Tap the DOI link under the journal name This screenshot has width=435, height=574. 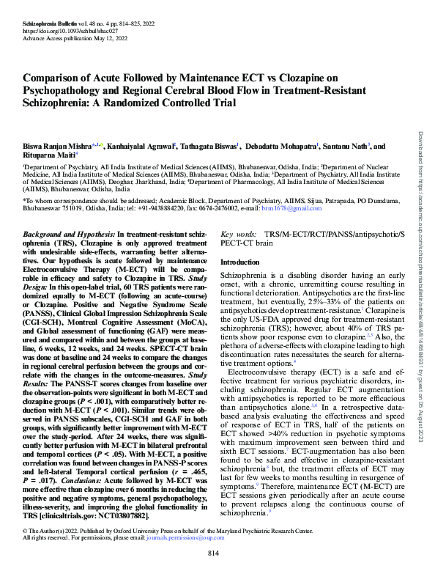click(x=63, y=21)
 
